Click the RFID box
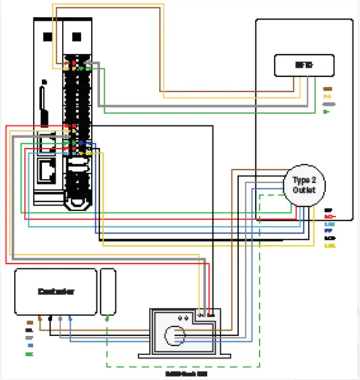pos(304,65)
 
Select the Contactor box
pos(55,291)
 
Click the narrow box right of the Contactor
pos(108,291)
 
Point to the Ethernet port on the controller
pos(47,170)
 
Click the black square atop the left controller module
pos(48,37)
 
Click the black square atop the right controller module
pos(77,37)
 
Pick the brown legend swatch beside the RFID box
pos(327,89)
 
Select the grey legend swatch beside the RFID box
pos(328,104)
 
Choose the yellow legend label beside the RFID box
pos(327,97)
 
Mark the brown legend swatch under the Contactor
pos(30,322)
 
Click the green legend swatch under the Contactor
pos(30,354)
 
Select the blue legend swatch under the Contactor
pos(30,346)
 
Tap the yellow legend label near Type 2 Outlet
pos(330,246)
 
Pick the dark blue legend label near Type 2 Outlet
pos(328,231)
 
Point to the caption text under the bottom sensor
pos(182,373)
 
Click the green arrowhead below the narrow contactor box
pos(108,318)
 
